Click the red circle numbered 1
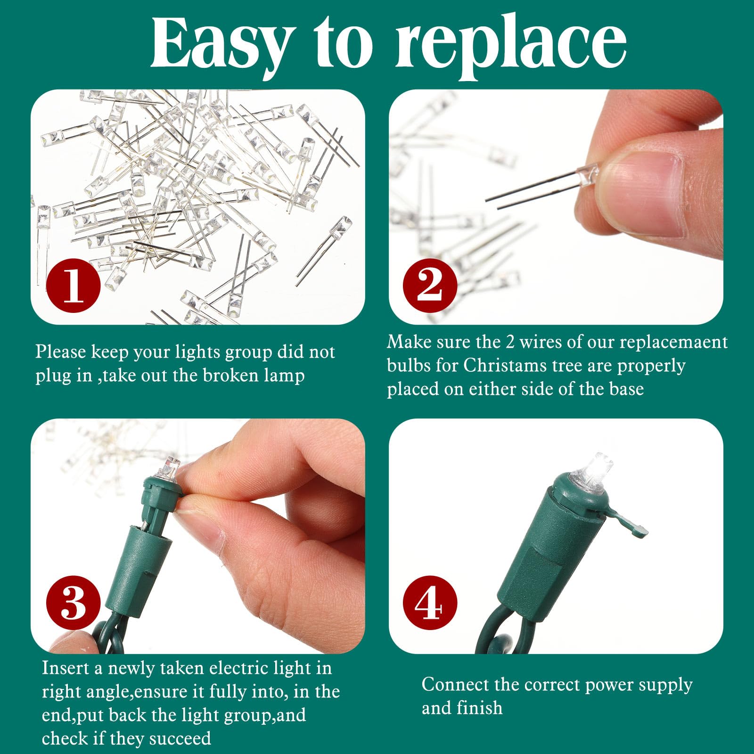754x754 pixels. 74,285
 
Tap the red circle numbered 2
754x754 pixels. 430,285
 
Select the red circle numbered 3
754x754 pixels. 74,603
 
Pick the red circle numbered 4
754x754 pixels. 430,603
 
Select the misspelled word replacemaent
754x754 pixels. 673,342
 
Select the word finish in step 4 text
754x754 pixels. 482,708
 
